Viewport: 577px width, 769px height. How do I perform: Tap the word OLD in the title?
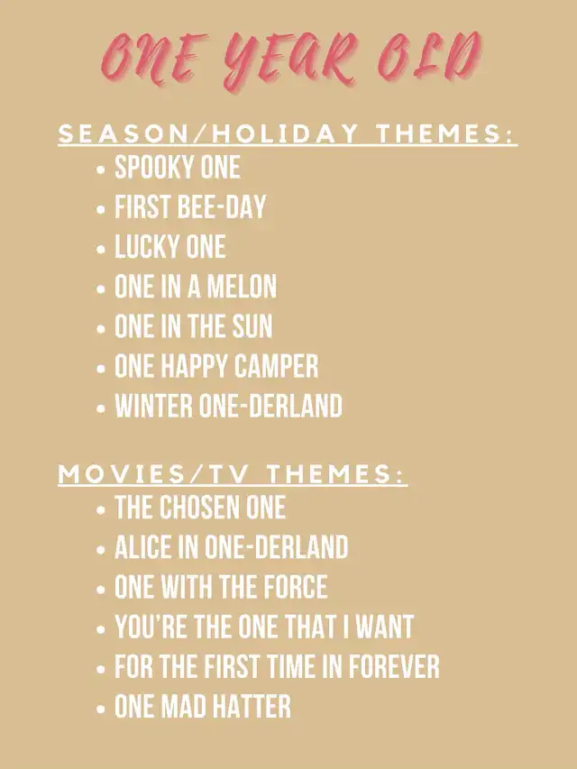tap(430, 57)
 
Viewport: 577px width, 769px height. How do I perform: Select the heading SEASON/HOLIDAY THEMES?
tap(288, 133)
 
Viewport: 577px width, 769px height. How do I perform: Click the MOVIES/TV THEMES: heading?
tap(233, 474)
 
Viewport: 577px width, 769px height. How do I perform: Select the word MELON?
tap(242, 287)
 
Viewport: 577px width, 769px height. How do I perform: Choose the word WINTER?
tap(154, 406)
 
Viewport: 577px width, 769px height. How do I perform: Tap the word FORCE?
tap(296, 587)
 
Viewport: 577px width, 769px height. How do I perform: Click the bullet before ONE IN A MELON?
tap(101, 288)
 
